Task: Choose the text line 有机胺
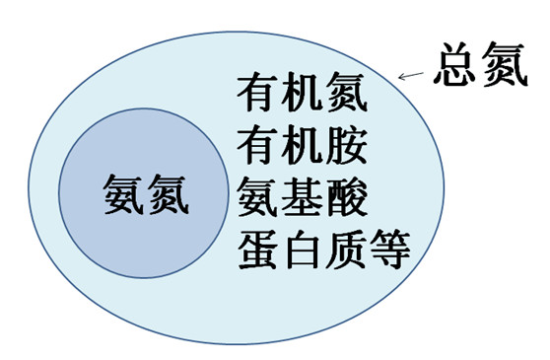(302, 146)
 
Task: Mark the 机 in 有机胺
(302, 146)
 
